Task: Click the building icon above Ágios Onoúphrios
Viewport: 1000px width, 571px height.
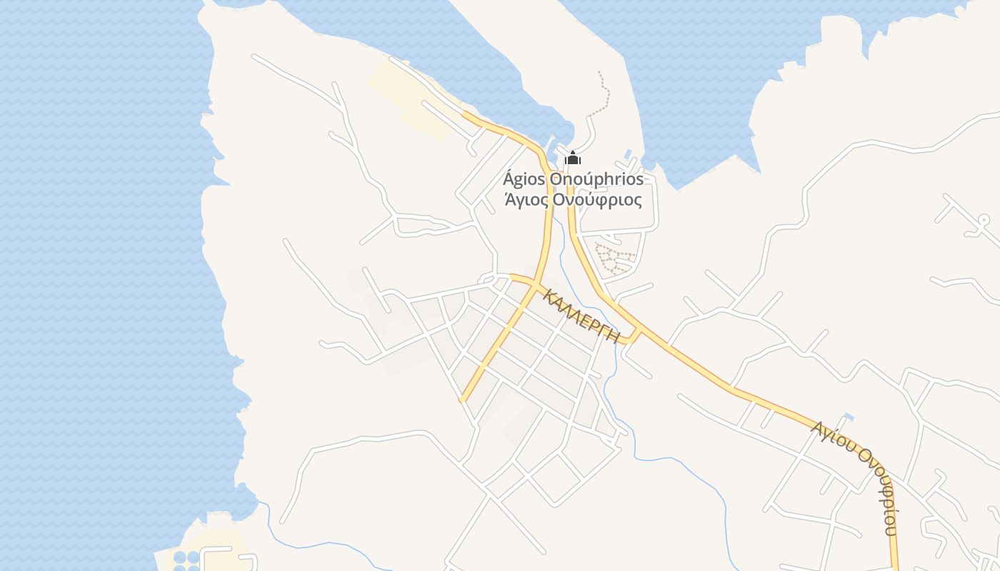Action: pos(573,158)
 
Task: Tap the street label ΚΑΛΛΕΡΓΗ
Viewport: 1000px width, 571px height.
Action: pos(581,315)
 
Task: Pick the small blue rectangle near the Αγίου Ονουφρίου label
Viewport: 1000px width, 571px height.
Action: pos(849,416)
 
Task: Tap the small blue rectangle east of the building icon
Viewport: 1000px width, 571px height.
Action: pos(628,153)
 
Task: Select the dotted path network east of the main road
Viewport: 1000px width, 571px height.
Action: pos(614,258)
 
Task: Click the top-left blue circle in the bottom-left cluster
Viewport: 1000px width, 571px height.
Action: pos(179,557)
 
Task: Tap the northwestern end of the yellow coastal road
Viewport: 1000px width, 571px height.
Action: pos(466,114)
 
